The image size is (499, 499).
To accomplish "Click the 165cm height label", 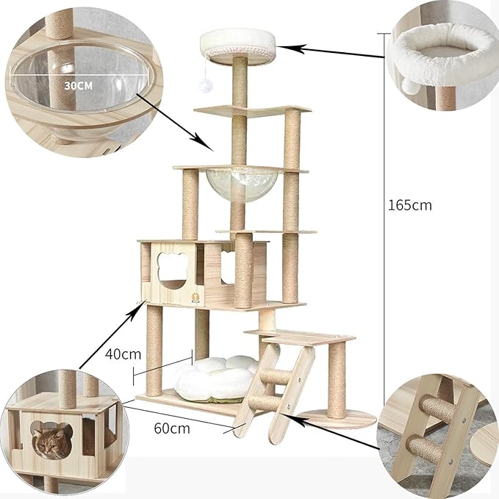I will (410, 205).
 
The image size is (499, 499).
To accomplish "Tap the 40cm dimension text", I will (122, 353).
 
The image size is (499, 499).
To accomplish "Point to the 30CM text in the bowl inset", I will (79, 85).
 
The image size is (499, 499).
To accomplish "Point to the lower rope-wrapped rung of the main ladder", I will (262, 403).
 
